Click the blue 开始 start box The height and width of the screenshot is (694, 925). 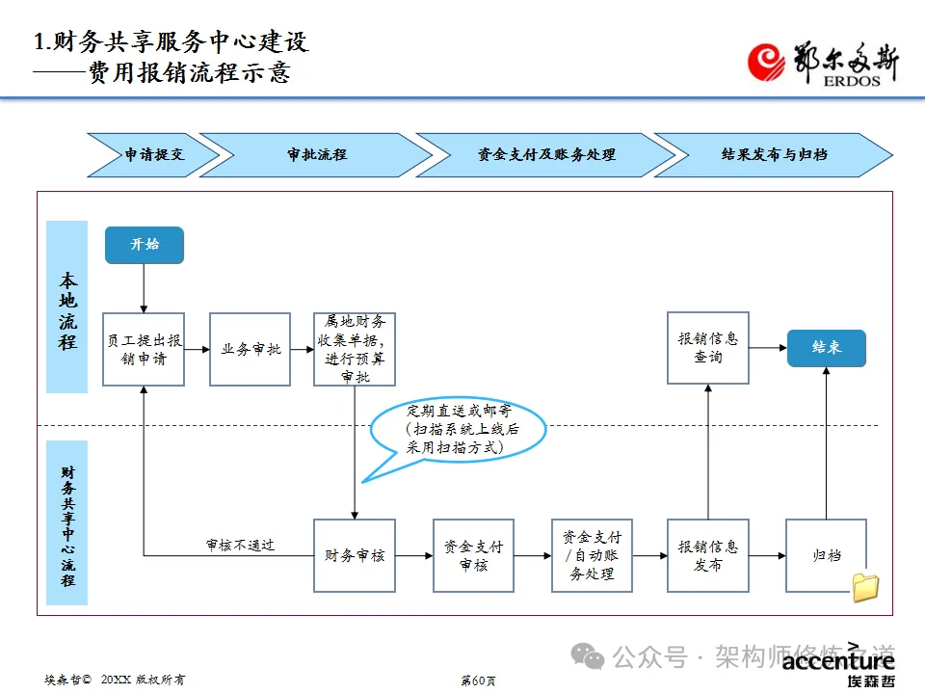point(144,245)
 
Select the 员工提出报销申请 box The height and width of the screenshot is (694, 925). point(144,349)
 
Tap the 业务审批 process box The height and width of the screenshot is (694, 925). point(250,349)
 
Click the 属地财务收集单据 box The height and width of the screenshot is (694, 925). point(355,349)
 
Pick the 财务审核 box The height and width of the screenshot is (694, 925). point(355,555)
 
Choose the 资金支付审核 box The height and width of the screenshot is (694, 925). point(473,555)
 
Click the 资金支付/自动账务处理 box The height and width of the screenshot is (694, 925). point(592,555)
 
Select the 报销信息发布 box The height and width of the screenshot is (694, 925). point(708,555)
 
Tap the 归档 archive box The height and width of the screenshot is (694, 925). point(826,555)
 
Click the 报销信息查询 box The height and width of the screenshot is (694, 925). point(708,348)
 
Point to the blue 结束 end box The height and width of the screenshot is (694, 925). point(826,348)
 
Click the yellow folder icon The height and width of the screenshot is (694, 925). point(865,587)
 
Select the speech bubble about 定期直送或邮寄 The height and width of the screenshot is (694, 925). point(460,429)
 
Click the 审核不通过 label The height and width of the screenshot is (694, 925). point(240,545)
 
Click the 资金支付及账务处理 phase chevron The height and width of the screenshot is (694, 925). point(545,154)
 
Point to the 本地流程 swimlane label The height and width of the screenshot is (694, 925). point(67,307)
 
